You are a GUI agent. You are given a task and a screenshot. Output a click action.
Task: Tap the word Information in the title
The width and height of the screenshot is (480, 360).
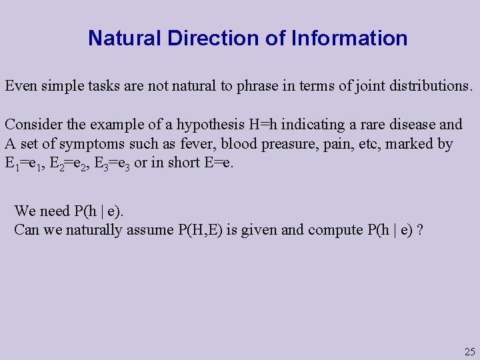pos(349,39)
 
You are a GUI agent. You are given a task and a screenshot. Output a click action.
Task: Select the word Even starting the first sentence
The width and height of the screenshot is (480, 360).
pos(20,86)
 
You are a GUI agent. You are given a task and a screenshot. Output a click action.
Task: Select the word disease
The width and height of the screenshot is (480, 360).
pos(414,125)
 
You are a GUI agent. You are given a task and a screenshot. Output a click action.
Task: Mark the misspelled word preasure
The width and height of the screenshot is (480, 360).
pos(287,144)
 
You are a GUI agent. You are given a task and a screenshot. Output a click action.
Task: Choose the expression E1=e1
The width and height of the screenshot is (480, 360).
pos(25,163)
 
